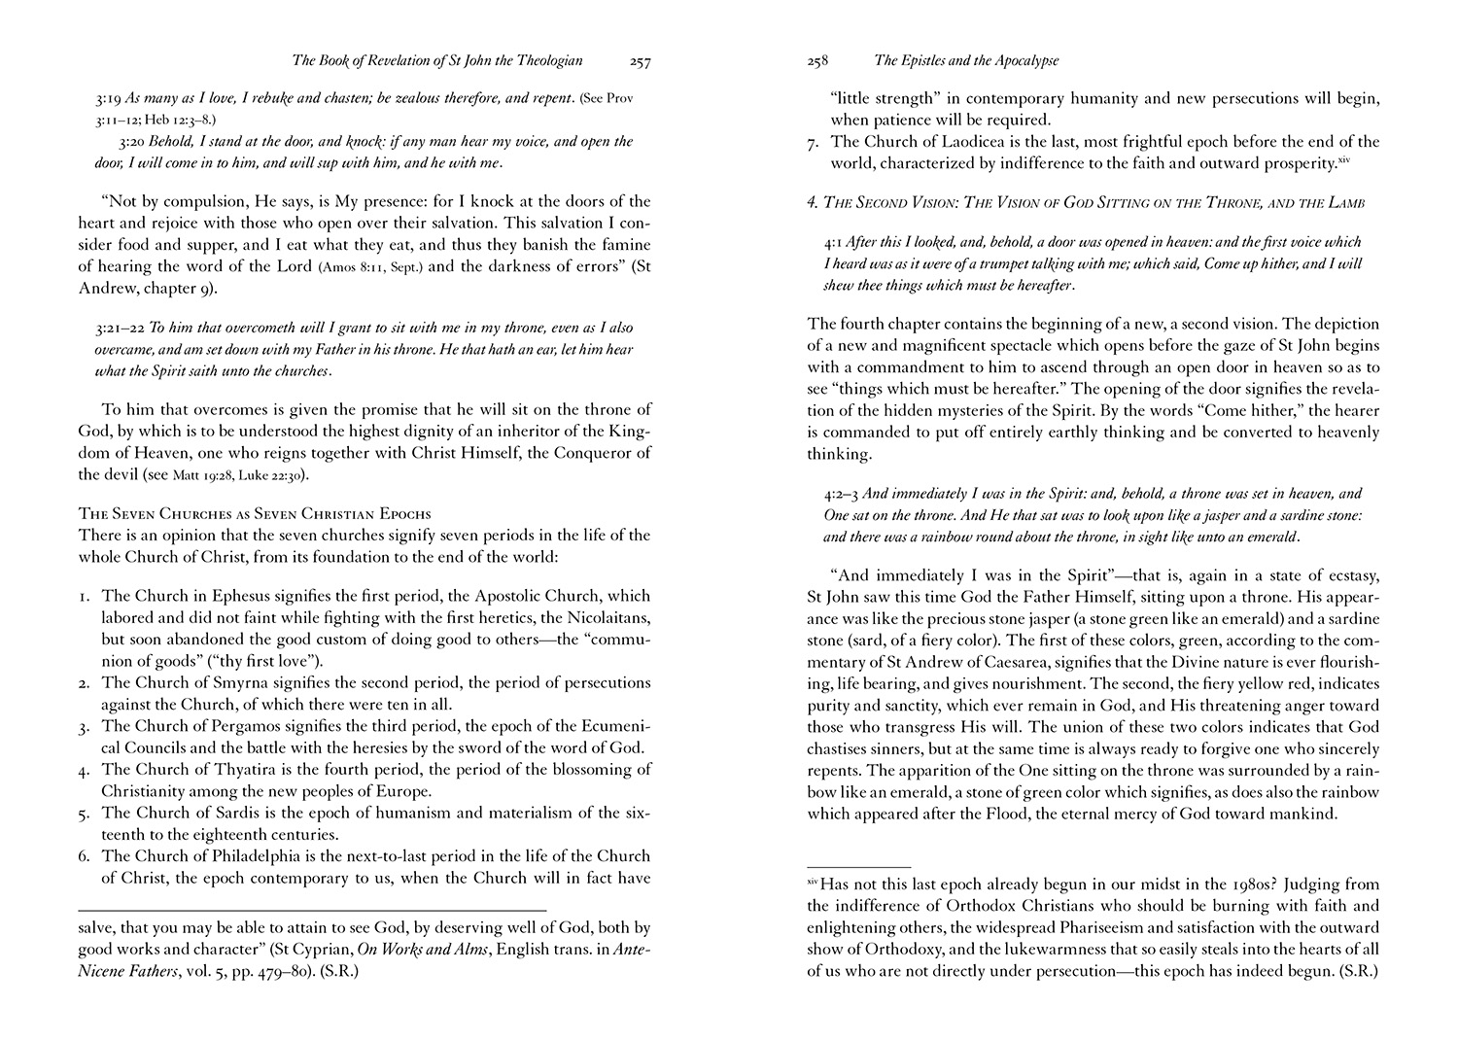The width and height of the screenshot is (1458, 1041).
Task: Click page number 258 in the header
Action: click(817, 61)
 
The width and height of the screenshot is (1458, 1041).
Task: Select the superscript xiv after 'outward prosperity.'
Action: click(1345, 158)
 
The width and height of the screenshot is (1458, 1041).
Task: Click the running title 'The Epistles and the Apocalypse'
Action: click(966, 61)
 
